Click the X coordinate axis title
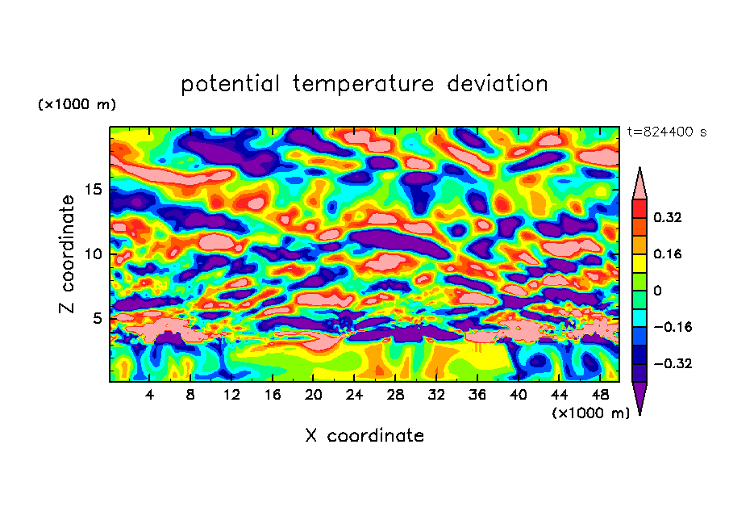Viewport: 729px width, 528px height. tap(364, 436)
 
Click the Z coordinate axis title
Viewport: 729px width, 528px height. tap(67, 254)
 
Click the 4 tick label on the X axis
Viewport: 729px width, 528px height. tap(150, 395)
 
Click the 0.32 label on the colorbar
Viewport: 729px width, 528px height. tap(669, 217)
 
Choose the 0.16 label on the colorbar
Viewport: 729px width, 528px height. tap(669, 254)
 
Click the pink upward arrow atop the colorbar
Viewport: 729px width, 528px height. tap(639, 185)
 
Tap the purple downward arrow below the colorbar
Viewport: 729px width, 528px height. tap(639, 397)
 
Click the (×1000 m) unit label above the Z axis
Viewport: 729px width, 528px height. tap(77, 105)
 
